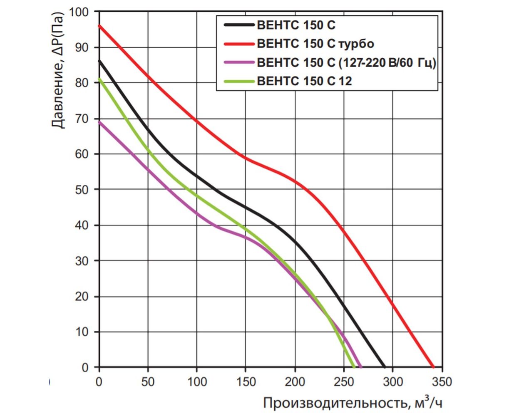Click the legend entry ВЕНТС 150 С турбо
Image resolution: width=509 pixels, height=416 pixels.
[315, 44]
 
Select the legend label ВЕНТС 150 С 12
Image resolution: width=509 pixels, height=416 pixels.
[304, 81]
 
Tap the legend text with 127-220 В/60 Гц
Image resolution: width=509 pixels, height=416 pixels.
[346, 62]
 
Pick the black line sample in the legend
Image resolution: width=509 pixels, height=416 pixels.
[239, 25]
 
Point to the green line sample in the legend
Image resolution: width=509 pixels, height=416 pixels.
[239, 81]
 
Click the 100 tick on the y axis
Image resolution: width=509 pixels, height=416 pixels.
[79, 12]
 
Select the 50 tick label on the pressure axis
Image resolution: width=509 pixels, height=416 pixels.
[82, 190]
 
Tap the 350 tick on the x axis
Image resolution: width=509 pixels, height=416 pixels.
[442, 381]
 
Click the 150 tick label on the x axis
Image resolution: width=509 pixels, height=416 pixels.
[246, 381]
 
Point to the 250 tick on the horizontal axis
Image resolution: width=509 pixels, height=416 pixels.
[344, 381]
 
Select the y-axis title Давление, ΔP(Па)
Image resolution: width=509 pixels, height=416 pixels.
[59, 71]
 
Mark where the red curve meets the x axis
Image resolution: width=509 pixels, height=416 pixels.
[433, 367]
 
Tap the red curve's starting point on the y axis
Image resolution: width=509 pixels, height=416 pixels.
[99, 26]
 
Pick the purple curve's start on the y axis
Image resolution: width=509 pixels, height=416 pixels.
[99, 122]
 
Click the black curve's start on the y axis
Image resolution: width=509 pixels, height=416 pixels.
[99, 61]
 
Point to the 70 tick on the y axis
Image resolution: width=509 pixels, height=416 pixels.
[82, 119]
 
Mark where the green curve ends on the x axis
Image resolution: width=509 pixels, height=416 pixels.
[354, 367]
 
